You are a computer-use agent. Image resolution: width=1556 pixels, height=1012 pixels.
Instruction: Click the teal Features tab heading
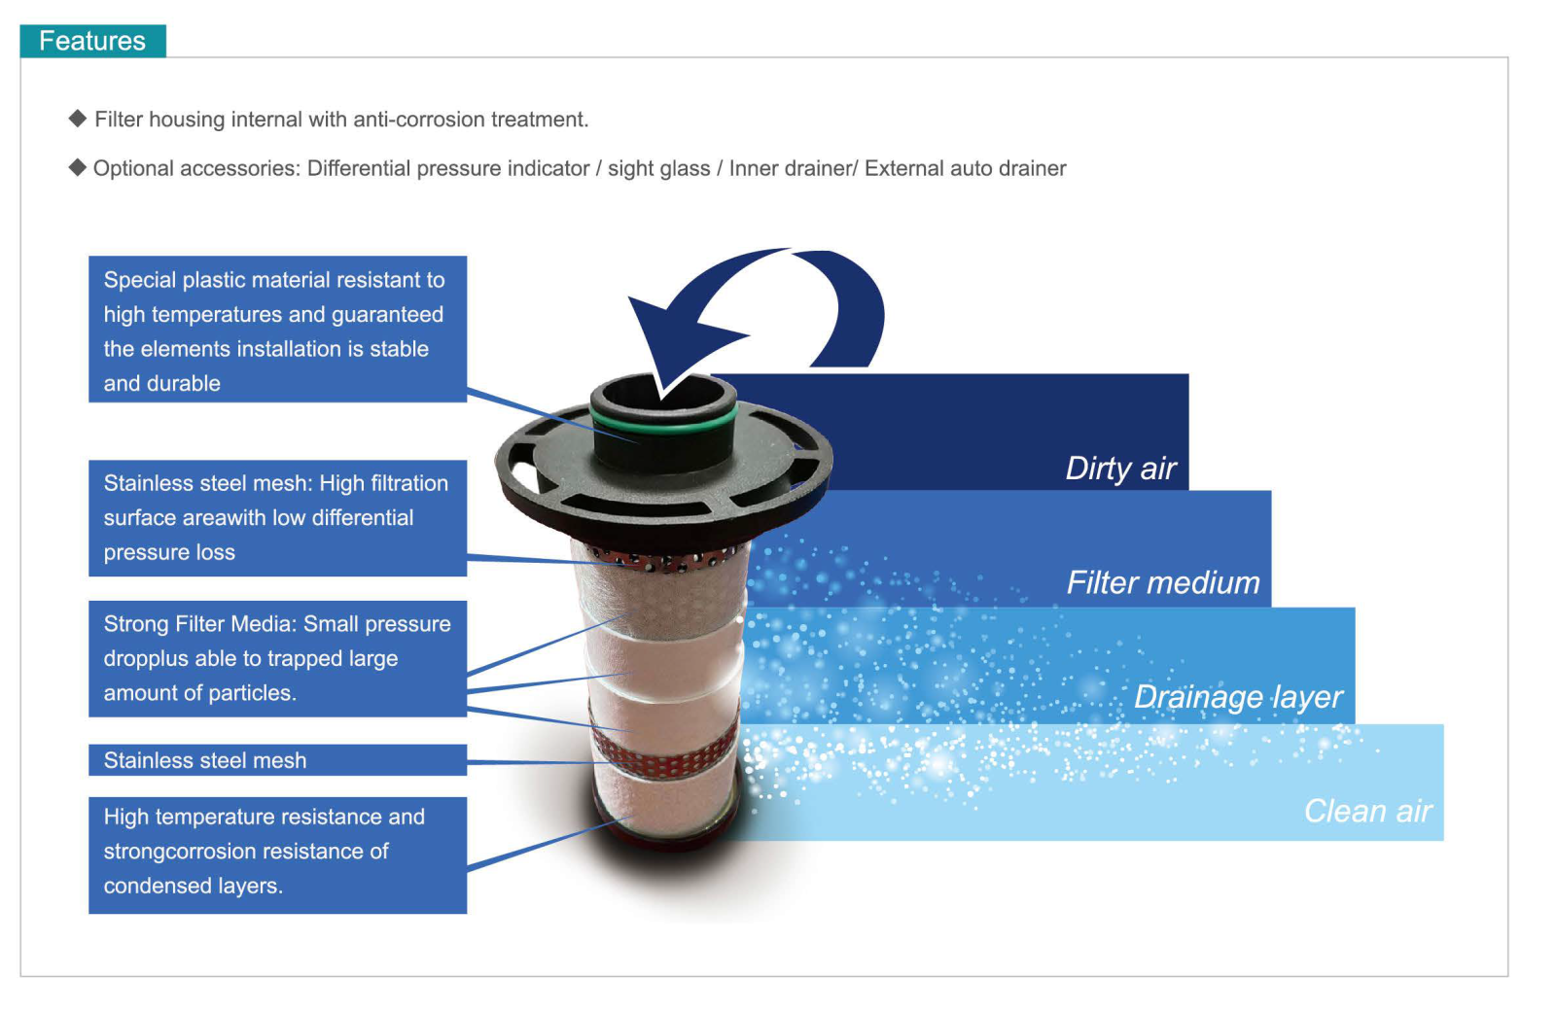coord(92,41)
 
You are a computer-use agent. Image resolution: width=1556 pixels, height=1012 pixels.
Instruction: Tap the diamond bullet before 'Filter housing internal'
coord(78,118)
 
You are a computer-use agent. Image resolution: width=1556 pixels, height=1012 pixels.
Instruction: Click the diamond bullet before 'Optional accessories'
coord(77,167)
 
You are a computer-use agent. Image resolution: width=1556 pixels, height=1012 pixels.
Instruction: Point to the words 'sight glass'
coord(658,169)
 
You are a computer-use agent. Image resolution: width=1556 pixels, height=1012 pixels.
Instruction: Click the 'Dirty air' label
coord(1120,469)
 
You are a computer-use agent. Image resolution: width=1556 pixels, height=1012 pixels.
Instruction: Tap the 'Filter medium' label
coord(1163,582)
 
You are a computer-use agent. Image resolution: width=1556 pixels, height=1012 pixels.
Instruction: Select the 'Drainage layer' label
coord(1238,697)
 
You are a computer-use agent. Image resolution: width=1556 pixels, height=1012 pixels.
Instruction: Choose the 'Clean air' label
coord(1367,811)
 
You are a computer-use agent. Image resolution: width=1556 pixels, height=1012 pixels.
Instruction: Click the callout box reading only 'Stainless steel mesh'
coord(278,760)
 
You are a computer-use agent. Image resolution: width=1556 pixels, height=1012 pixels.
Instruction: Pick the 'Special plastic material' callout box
coord(278,330)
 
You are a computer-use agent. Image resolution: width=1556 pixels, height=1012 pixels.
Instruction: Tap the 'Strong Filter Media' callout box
coord(278,658)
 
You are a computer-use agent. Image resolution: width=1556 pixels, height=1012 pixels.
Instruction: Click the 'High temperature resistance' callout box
coord(278,855)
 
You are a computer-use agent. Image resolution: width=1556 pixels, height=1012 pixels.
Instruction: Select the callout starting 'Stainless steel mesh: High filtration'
coord(278,518)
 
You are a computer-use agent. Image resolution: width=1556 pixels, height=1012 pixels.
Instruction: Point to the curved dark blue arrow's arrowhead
coord(674,340)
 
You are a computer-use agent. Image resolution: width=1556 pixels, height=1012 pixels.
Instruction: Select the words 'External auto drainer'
coord(965,169)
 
